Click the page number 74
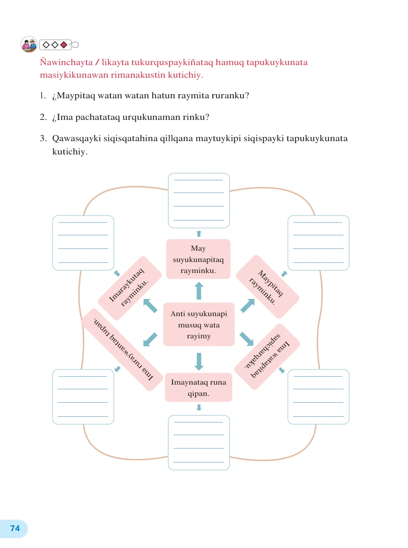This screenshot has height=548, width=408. pyautogui.click(x=15, y=528)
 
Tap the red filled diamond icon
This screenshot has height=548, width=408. pyautogui.click(x=64, y=45)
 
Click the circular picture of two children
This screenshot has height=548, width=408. pyautogui.click(x=29, y=45)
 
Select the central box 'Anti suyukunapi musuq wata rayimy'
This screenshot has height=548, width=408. pyautogui.click(x=199, y=324)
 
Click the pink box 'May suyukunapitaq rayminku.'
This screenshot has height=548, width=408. pyautogui.click(x=198, y=259)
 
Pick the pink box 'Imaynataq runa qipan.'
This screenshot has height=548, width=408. pyautogui.click(x=198, y=387)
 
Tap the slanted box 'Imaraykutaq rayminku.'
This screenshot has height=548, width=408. pyautogui.click(x=130, y=288)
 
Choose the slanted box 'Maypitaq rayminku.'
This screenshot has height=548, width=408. pyautogui.click(x=267, y=287)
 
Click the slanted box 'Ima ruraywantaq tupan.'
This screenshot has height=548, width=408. pyautogui.click(x=122, y=350)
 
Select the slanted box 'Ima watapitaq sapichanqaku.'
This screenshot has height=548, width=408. pyautogui.click(x=267, y=357)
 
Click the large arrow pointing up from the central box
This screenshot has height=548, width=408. pyautogui.click(x=199, y=290)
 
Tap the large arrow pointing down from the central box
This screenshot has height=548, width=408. pyautogui.click(x=199, y=361)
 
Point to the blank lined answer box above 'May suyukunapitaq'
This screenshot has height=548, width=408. pyautogui.click(x=199, y=200)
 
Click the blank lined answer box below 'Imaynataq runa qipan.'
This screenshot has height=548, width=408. pyautogui.click(x=199, y=443)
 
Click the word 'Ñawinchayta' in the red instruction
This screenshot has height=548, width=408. pyautogui.click(x=66, y=62)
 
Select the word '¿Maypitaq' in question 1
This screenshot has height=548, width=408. pyautogui.click(x=74, y=96)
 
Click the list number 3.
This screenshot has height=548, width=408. pyautogui.click(x=43, y=138)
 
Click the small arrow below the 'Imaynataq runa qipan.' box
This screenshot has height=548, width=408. pyautogui.click(x=199, y=408)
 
